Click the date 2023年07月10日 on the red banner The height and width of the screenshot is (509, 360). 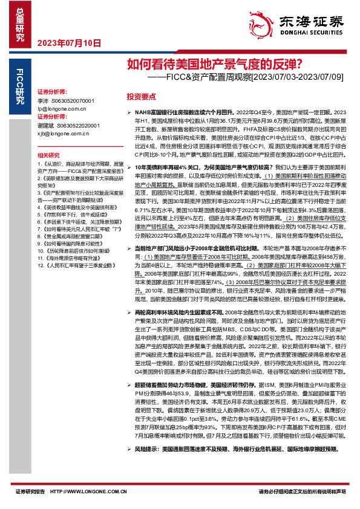[x=69, y=43]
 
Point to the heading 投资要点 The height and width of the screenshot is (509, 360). [x=141, y=96]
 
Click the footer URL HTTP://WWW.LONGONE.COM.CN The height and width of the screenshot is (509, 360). [x=98, y=492]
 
